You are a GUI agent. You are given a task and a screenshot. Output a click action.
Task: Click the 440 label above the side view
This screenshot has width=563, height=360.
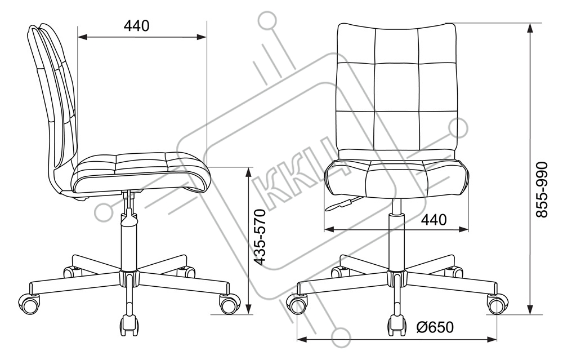136,26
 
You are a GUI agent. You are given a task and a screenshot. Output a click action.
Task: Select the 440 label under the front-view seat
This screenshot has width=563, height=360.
434,220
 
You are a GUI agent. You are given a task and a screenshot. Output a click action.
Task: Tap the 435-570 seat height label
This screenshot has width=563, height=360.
260,237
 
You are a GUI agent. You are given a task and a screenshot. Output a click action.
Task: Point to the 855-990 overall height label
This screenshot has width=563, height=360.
542,190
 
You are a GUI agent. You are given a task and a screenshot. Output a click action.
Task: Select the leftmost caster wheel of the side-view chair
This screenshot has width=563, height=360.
30,304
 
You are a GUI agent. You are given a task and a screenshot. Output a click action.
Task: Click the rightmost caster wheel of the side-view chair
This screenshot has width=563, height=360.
229,304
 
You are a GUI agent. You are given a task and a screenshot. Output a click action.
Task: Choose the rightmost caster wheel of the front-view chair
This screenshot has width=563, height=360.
497,304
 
